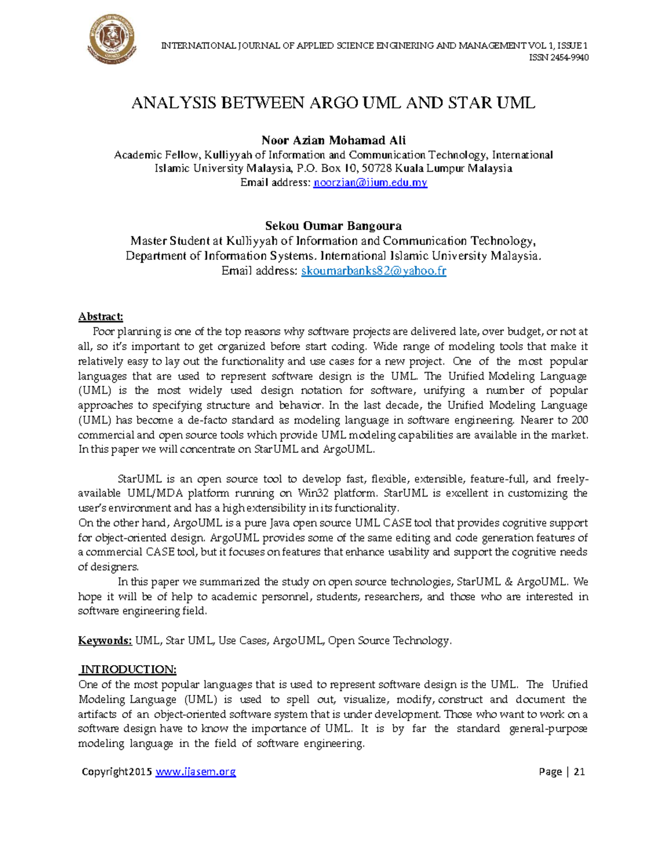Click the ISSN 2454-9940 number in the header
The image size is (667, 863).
pyautogui.click(x=566, y=58)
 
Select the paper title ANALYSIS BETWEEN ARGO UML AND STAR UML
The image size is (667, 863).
pyautogui.click(x=333, y=103)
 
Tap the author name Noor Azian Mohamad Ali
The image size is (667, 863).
pyautogui.click(x=333, y=140)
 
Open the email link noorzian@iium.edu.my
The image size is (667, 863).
pyautogui.click(x=370, y=183)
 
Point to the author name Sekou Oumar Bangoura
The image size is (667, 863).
pyautogui.click(x=333, y=226)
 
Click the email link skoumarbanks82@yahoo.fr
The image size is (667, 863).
pyautogui.click(x=374, y=271)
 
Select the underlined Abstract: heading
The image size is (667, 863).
pyautogui.click(x=101, y=317)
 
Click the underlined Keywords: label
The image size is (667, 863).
pyautogui.click(x=105, y=641)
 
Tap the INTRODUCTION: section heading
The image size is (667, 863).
pyautogui.click(x=128, y=669)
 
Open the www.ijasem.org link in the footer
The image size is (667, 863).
pyautogui.click(x=196, y=772)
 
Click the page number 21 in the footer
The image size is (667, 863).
pyautogui.click(x=579, y=772)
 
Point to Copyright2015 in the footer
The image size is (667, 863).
pyautogui.click(x=117, y=772)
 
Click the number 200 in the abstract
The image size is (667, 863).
pyautogui.click(x=579, y=420)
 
